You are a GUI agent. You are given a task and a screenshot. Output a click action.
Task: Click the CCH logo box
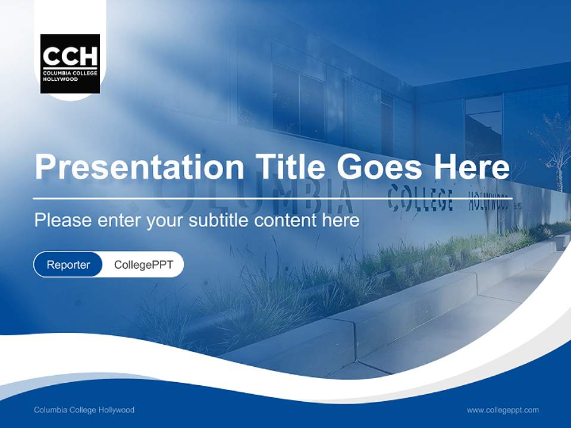[x=70, y=64]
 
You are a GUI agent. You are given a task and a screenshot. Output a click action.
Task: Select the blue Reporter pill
[x=68, y=265]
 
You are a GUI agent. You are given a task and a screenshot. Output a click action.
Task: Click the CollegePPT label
[x=143, y=265]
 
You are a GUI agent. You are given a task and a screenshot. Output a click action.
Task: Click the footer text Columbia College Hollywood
[x=84, y=410]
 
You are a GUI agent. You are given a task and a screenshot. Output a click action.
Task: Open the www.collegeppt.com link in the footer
[x=503, y=410]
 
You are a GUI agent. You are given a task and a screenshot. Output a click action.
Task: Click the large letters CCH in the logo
[x=70, y=56]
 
